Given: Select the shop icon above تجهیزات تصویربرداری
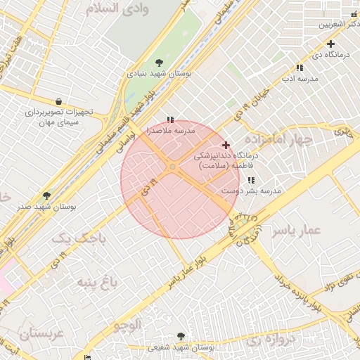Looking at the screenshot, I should pyautogui.click(x=58, y=101).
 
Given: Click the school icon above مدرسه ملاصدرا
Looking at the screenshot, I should pyautogui.click(x=170, y=120).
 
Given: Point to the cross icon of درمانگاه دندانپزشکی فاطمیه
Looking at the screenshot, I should pyautogui.click(x=226, y=145).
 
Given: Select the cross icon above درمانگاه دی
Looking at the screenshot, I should pyautogui.click(x=330, y=44).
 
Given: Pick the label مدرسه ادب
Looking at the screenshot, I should pyautogui.click(x=300, y=78).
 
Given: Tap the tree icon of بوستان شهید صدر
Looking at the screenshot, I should pyautogui.click(x=47, y=195).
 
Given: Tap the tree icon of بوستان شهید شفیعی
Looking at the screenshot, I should pyautogui.click(x=181, y=337).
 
